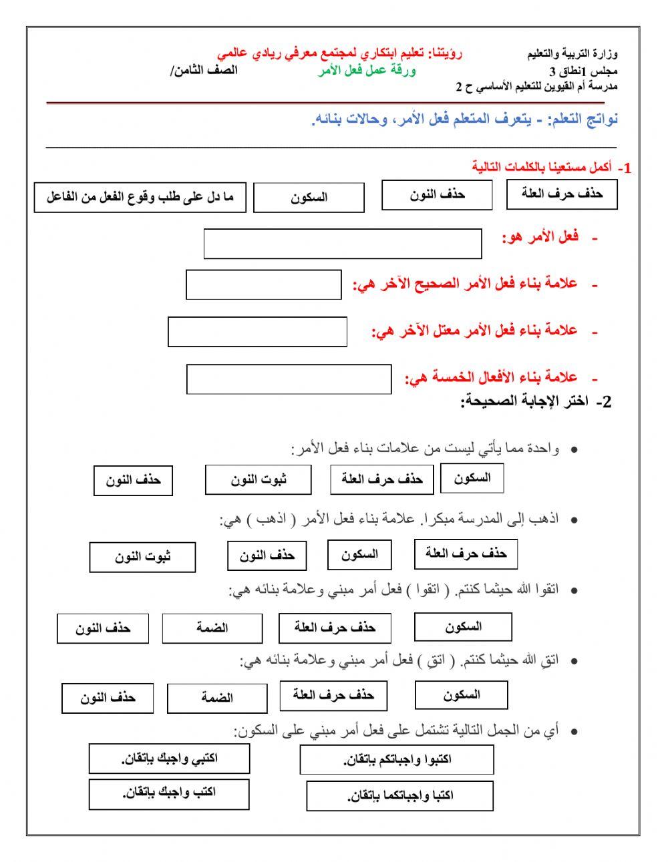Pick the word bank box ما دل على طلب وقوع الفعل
click(140, 198)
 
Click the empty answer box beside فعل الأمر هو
click(342, 244)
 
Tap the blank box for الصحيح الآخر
click(263, 285)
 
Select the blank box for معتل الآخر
click(257, 332)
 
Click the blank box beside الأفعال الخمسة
click(289, 379)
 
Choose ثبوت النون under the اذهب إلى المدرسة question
click(142, 558)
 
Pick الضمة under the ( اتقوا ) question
click(212, 628)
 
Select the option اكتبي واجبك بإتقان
click(169, 759)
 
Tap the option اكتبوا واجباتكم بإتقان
click(397, 760)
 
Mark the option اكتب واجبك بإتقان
click(168, 793)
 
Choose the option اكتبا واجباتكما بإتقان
click(399, 796)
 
